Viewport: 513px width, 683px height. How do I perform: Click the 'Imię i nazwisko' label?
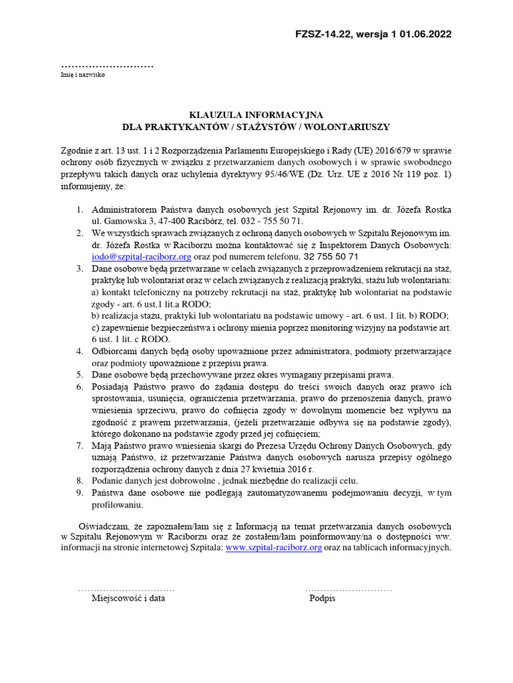pos(83,75)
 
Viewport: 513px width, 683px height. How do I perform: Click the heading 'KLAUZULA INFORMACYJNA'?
pos(256,115)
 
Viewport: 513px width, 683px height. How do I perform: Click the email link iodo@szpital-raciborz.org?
pos(142,256)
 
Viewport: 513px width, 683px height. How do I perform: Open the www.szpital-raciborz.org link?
pos(274,547)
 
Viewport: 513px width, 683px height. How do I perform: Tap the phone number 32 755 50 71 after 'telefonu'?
pos(331,256)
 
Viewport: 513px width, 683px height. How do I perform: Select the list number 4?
pos(79,352)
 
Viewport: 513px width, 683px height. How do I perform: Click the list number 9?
pos(79,493)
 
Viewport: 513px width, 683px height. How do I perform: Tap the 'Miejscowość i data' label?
pos(128,598)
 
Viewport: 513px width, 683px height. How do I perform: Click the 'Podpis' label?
pos(322,598)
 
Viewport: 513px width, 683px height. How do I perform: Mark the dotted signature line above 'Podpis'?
pos(348,590)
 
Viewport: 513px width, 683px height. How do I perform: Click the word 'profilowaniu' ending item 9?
pos(117,504)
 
